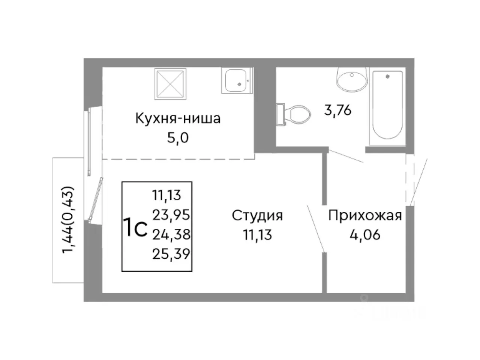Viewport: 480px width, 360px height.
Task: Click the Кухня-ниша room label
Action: [178, 118]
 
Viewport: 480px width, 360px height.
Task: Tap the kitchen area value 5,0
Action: [178, 138]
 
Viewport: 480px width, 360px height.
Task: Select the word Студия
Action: [257, 216]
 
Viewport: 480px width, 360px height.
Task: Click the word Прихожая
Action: [365, 216]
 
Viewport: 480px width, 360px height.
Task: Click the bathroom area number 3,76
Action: [337, 111]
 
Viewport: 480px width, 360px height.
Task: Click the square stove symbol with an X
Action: [170, 83]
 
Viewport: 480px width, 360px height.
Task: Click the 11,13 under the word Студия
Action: [257, 235]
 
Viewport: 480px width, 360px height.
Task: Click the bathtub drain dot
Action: [387, 76]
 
